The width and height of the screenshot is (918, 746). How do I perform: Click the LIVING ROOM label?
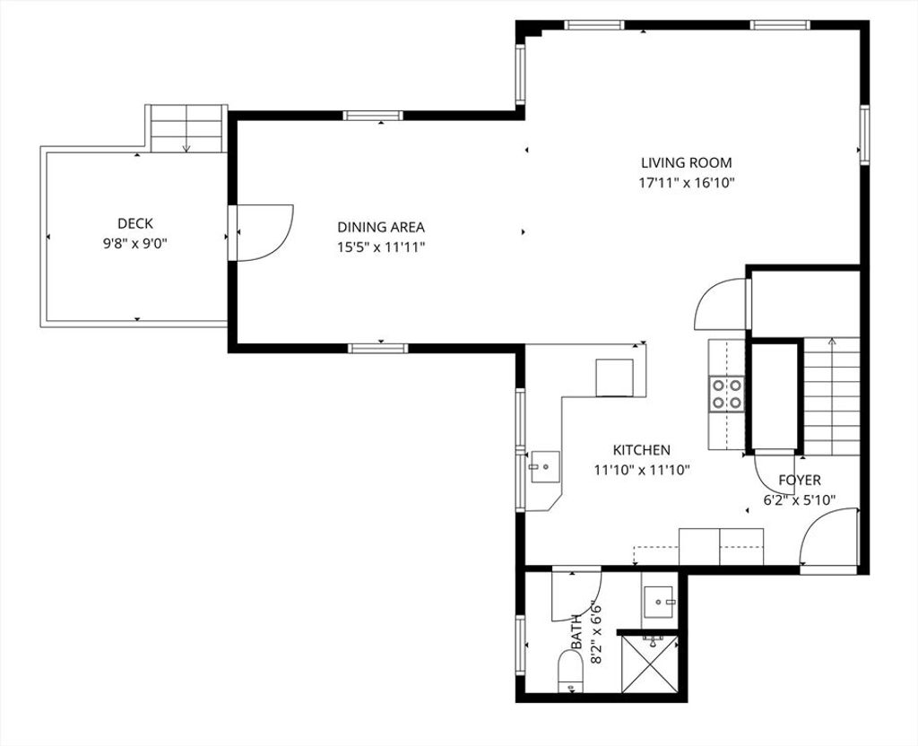686,163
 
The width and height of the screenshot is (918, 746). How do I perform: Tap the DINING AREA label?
381,227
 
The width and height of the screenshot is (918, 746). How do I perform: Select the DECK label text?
135,223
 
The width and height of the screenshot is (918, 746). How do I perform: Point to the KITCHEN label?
642,450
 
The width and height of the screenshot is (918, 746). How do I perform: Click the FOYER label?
800,481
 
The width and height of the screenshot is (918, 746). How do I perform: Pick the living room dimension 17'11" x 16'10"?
686,183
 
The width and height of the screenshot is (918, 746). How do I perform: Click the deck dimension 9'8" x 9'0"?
135,243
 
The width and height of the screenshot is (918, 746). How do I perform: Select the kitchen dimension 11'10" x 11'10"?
642,470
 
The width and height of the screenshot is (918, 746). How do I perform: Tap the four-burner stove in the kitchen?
726,395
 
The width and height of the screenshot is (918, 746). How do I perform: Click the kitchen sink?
545,466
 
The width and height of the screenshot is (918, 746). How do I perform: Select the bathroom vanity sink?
660,602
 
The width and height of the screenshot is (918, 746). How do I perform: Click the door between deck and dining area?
261,232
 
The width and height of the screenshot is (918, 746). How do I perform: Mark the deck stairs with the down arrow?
186,129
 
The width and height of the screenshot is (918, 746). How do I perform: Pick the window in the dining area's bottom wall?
378,349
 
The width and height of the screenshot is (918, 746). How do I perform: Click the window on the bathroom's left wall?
521,646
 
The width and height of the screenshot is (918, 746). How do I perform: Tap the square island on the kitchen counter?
614,377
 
